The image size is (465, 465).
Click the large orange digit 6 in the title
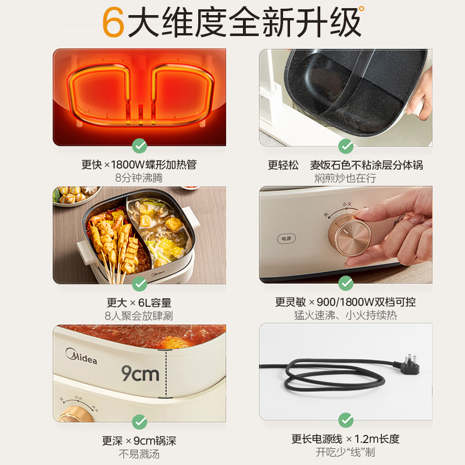(x=114, y=22)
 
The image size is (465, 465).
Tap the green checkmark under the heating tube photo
(x=139, y=146)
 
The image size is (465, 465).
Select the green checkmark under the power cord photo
(x=346, y=420)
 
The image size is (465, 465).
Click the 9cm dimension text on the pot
(x=140, y=373)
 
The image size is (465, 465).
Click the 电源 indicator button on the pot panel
(x=285, y=238)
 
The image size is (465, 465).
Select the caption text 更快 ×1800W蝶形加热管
(x=139, y=165)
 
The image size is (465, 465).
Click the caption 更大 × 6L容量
(x=139, y=303)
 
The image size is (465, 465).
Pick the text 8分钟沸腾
(x=139, y=178)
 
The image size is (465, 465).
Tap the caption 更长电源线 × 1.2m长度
(x=346, y=439)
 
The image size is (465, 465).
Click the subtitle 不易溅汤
(x=139, y=454)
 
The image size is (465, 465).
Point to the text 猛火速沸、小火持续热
(x=346, y=316)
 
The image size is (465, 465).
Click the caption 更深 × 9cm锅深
(x=139, y=441)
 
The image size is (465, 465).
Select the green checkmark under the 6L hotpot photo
(x=139, y=284)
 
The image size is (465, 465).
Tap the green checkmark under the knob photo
(x=346, y=284)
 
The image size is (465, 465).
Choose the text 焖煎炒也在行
(x=346, y=178)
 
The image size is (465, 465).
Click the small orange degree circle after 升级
(x=362, y=9)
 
